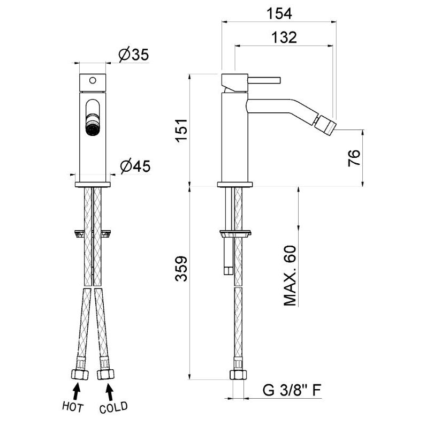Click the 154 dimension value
tap(279, 13)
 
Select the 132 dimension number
tap(284, 37)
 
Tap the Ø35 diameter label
tap(134, 55)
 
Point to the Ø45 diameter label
tap(135, 166)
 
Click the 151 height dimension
tap(181, 130)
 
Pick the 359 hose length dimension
tap(181, 269)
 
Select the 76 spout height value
tap(354, 157)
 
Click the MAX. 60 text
tap(290, 276)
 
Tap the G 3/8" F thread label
tap(292, 390)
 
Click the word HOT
tap(73, 407)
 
